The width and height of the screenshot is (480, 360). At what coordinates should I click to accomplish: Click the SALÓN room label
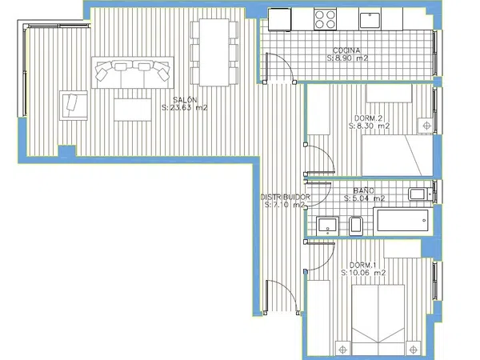[186, 100]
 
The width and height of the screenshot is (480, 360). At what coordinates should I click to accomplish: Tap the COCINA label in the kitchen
[346, 50]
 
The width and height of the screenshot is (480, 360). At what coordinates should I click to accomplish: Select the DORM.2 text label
[368, 118]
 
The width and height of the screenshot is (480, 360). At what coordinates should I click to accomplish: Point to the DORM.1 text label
[362, 265]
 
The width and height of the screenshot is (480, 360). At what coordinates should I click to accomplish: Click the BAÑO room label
[363, 190]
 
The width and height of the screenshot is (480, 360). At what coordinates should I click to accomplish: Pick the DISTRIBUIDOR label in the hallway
[286, 197]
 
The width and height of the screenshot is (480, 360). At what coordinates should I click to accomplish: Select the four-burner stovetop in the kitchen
[325, 19]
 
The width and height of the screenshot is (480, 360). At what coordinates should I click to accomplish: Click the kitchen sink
[370, 21]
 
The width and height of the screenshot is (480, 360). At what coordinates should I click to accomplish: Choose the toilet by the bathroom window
[421, 194]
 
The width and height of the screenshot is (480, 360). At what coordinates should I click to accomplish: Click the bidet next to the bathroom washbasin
[356, 226]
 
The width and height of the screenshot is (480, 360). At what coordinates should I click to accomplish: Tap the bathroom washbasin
[327, 226]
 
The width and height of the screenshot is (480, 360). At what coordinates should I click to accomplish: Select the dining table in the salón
[214, 52]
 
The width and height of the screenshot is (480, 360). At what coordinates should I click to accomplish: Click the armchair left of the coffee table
[73, 106]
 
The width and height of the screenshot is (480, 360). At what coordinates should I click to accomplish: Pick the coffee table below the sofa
[133, 110]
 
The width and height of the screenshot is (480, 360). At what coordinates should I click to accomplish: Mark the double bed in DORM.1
[378, 320]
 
